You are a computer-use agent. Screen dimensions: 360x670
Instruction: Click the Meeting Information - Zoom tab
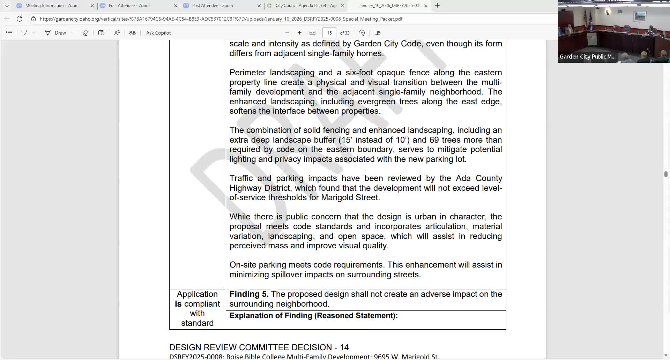tap(52, 6)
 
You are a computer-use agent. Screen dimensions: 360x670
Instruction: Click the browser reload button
tap(20, 19)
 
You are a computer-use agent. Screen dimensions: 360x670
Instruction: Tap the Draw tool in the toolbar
tap(56, 33)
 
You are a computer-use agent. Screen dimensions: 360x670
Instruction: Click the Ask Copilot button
tap(158, 33)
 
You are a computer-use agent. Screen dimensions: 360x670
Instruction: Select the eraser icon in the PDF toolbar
tap(85, 33)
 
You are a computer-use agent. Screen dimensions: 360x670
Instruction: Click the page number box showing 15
tap(329, 33)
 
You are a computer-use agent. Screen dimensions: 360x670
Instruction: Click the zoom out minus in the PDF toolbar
tap(287, 33)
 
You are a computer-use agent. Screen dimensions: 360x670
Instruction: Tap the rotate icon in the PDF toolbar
tap(362, 33)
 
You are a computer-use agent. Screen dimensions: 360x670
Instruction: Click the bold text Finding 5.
tap(249, 294)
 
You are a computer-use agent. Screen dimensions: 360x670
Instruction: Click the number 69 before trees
tap(434, 140)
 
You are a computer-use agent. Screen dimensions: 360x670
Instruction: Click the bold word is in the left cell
tap(178, 304)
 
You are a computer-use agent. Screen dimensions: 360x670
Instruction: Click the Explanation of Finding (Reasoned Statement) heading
tap(313, 316)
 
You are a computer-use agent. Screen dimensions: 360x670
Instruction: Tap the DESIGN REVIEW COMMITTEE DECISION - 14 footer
tap(259, 347)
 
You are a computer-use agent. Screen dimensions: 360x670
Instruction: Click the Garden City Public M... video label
tap(588, 57)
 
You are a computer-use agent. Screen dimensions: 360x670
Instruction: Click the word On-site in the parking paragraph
tap(243, 265)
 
